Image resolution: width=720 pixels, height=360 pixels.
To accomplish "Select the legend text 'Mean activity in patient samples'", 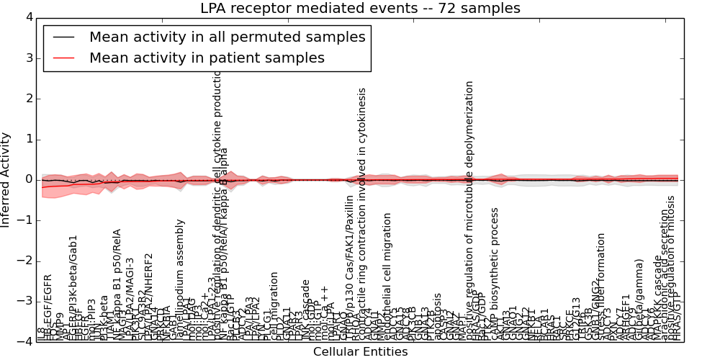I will point(207,58).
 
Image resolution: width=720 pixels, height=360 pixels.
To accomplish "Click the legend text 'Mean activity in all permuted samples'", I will point(227,37).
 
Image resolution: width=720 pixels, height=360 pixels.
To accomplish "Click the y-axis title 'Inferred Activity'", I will point(6,179).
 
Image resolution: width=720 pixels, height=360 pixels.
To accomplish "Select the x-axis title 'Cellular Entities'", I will point(360,351).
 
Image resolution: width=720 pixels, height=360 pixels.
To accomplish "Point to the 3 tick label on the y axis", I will point(28,58).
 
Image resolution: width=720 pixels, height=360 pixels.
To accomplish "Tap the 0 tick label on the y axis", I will point(28,179).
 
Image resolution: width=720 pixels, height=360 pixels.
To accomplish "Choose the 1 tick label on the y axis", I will point(28,139).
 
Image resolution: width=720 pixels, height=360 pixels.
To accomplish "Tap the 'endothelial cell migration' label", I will point(388,276).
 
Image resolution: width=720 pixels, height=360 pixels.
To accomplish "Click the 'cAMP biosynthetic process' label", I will point(495,274).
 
